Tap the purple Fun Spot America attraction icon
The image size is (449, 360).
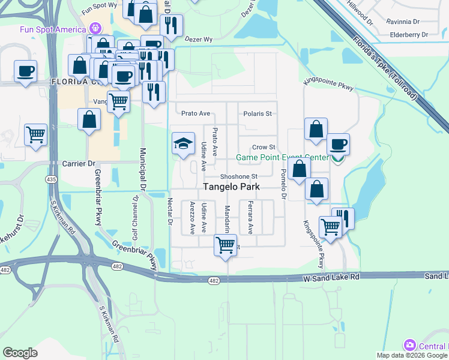[94, 28]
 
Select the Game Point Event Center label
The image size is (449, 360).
[282, 158]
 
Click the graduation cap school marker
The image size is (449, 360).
[184, 144]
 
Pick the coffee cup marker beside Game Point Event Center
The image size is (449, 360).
[338, 145]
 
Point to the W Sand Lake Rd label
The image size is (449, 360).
[332, 277]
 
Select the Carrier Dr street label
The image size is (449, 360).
[79, 163]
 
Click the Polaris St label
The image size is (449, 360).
[258, 113]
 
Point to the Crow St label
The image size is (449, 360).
[264, 148]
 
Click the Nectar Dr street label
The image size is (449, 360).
[170, 211]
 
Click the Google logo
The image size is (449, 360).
[20, 353]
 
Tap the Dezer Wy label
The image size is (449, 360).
[199, 39]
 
